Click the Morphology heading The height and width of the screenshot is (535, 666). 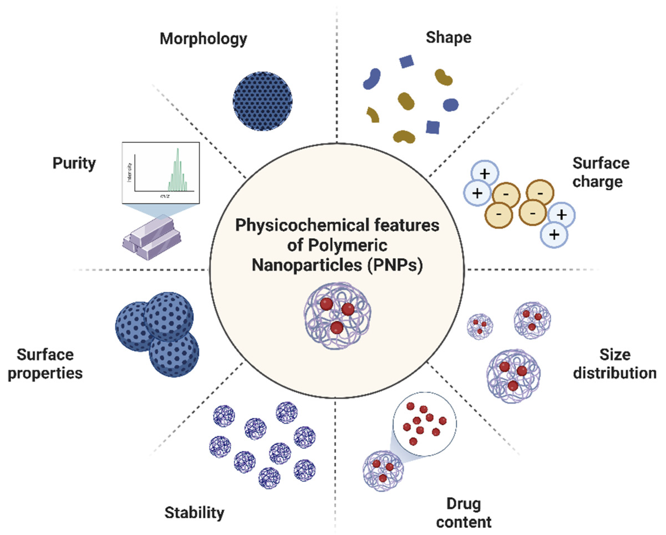tap(203, 39)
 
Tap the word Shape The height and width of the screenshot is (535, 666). tap(449, 38)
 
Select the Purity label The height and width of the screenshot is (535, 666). tap(74, 163)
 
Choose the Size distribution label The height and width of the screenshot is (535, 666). tap(615, 364)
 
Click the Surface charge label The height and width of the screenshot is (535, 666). tap(601, 172)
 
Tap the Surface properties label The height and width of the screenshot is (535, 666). tap(45, 364)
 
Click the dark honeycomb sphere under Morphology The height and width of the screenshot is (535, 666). tap(262, 101)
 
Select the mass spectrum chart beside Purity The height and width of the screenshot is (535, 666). tap(161, 172)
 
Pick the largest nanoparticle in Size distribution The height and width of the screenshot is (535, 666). tap(513, 376)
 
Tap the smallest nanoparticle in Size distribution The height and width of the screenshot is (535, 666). tap(480, 327)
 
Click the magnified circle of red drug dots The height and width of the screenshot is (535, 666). tap(424, 424)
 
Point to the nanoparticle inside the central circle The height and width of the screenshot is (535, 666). tap(337, 315)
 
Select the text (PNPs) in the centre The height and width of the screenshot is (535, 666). tap(395, 265)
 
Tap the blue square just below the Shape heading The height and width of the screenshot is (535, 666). tap(406, 61)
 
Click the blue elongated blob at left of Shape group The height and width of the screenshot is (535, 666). tap(372, 79)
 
